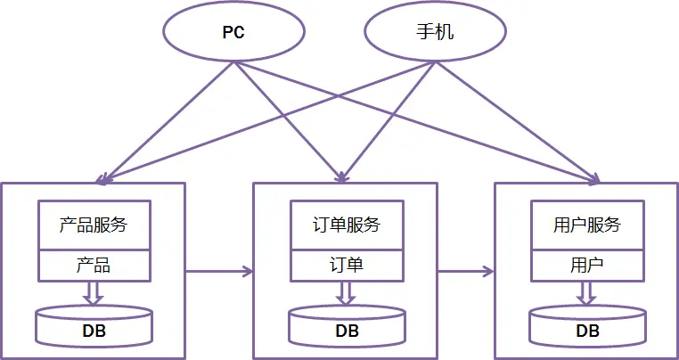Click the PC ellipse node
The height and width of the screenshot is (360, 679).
pyautogui.click(x=233, y=33)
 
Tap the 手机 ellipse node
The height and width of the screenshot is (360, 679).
pyautogui.click(x=435, y=33)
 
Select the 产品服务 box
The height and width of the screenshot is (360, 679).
pyautogui.click(x=94, y=225)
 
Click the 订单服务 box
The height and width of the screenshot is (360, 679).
pyautogui.click(x=347, y=225)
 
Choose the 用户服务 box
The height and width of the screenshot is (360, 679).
pyautogui.click(x=587, y=225)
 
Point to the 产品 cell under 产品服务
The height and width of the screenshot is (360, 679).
pyautogui.click(x=94, y=265)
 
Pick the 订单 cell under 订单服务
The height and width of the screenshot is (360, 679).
pyautogui.click(x=347, y=265)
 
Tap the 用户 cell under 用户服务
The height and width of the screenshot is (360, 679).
pyautogui.click(x=587, y=265)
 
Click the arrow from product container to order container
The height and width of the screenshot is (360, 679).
pyautogui.click(x=218, y=269)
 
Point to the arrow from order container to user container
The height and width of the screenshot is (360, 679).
pyautogui.click(x=466, y=269)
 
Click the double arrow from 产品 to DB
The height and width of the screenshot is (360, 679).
pyautogui.click(x=94, y=291)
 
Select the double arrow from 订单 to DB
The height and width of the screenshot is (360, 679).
pyautogui.click(x=347, y=291)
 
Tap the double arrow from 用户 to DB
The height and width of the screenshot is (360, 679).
pyautogui.click(x=587, y=291)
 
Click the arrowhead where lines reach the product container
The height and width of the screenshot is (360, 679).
pyautogui.click(x=102, y=179)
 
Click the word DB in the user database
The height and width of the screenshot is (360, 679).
pyautogui.click(x=587, y=331)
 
